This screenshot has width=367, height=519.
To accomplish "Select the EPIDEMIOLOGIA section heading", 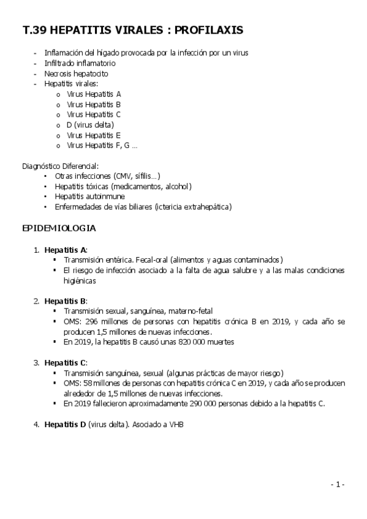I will (58, 228).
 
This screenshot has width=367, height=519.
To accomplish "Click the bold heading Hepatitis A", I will (66, 250).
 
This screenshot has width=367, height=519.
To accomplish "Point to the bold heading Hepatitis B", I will (66, 301).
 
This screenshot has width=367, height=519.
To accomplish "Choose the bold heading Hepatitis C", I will (66, 363).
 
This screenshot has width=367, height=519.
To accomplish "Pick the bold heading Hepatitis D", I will (66, 424).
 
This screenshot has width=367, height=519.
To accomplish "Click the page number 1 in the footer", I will (337, 485).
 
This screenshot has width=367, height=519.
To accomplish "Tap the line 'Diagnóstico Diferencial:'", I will (60, 166).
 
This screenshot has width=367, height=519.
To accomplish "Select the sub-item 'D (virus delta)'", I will (90, 125).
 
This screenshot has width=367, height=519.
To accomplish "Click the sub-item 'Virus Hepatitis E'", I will (94, 135).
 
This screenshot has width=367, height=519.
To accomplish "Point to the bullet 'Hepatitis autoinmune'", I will (89, 196).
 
